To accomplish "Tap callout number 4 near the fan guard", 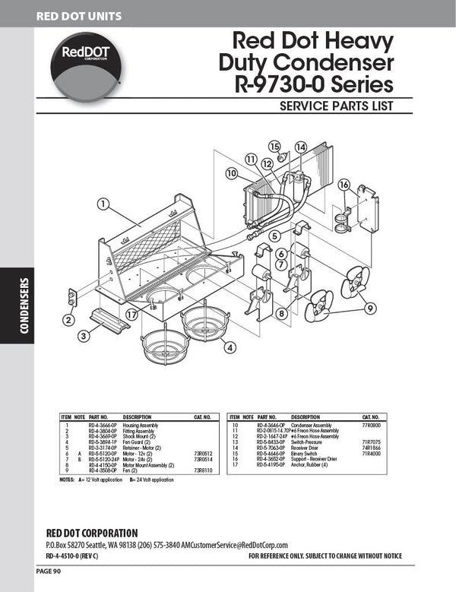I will click(x=228, y=349).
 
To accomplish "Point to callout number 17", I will click(x=132, y=314).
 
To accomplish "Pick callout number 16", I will click(x=344, y=185).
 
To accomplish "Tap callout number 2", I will click(x=68, y=320).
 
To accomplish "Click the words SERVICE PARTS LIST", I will click(x=336, y=104).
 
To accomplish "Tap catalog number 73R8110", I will click(x=204, y=471).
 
